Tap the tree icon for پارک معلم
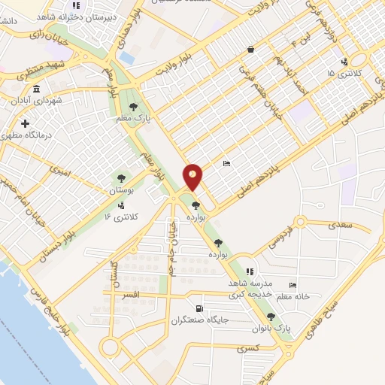click(x=133, y=107)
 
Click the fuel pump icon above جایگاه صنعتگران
click(x=199, y=308)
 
